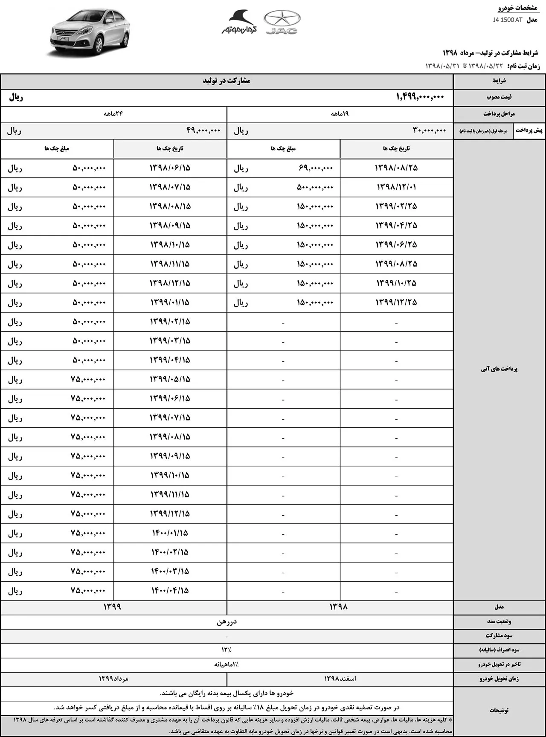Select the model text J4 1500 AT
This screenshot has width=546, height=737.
[508, 20]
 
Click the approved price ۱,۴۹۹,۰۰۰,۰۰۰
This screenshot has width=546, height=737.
[420, 97]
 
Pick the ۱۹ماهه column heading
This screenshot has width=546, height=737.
[340, 114]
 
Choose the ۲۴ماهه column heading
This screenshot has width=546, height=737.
[113, 114]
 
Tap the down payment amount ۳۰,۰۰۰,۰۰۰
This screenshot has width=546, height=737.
[429, 131]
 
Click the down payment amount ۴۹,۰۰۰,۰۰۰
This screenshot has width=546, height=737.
[203, 131]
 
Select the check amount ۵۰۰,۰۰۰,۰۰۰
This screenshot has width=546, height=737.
[315, 187]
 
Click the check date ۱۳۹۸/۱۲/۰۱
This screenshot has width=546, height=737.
[396, 187]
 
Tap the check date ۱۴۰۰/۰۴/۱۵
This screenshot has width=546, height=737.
[170, 591]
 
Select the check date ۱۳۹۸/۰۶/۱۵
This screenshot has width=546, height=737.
[170, 168]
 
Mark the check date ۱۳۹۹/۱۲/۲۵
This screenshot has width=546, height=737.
[396, 302]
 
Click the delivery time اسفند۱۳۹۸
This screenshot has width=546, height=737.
[340, 679]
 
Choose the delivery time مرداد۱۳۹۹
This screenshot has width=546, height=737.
[113, 679]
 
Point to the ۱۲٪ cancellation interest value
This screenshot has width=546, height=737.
[226, 650]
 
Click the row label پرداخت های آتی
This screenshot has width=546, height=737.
[499, 369]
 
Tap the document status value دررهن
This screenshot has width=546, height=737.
[227, 622]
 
